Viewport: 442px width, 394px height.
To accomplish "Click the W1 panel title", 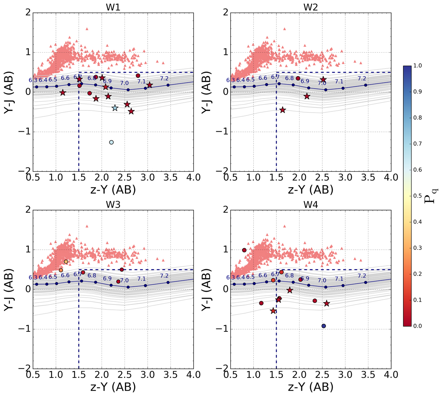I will (113, 6).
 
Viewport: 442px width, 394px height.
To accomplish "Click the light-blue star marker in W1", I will (115, 108).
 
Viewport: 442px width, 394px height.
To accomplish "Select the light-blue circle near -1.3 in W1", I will (112, 142).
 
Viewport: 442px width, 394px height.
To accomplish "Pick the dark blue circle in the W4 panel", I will (323, 326).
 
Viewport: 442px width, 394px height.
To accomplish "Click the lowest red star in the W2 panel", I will (283, 110).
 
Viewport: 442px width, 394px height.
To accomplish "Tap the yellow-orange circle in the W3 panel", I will (66, 262).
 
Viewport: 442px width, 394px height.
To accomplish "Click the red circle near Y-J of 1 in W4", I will (244, 250).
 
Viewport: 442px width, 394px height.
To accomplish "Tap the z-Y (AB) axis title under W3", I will (113, 387).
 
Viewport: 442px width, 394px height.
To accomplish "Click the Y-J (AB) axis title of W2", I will (207, 92).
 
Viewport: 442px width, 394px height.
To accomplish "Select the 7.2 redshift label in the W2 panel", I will (362, 78).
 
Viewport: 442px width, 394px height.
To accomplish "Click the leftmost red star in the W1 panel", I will (63, 93).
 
